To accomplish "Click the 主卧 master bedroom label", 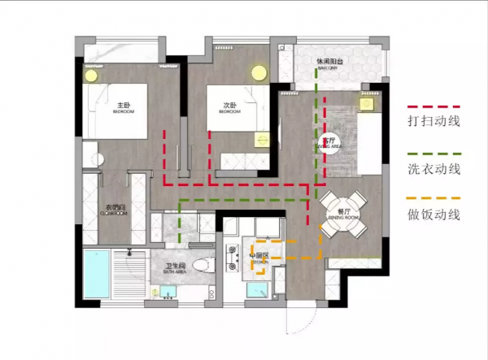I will (124, 107).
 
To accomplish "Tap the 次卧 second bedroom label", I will (229, 107).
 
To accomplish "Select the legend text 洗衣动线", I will (434, 170).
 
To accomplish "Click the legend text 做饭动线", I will (434, 215).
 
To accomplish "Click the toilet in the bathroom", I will (205, 265).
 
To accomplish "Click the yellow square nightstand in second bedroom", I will (261, 138).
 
